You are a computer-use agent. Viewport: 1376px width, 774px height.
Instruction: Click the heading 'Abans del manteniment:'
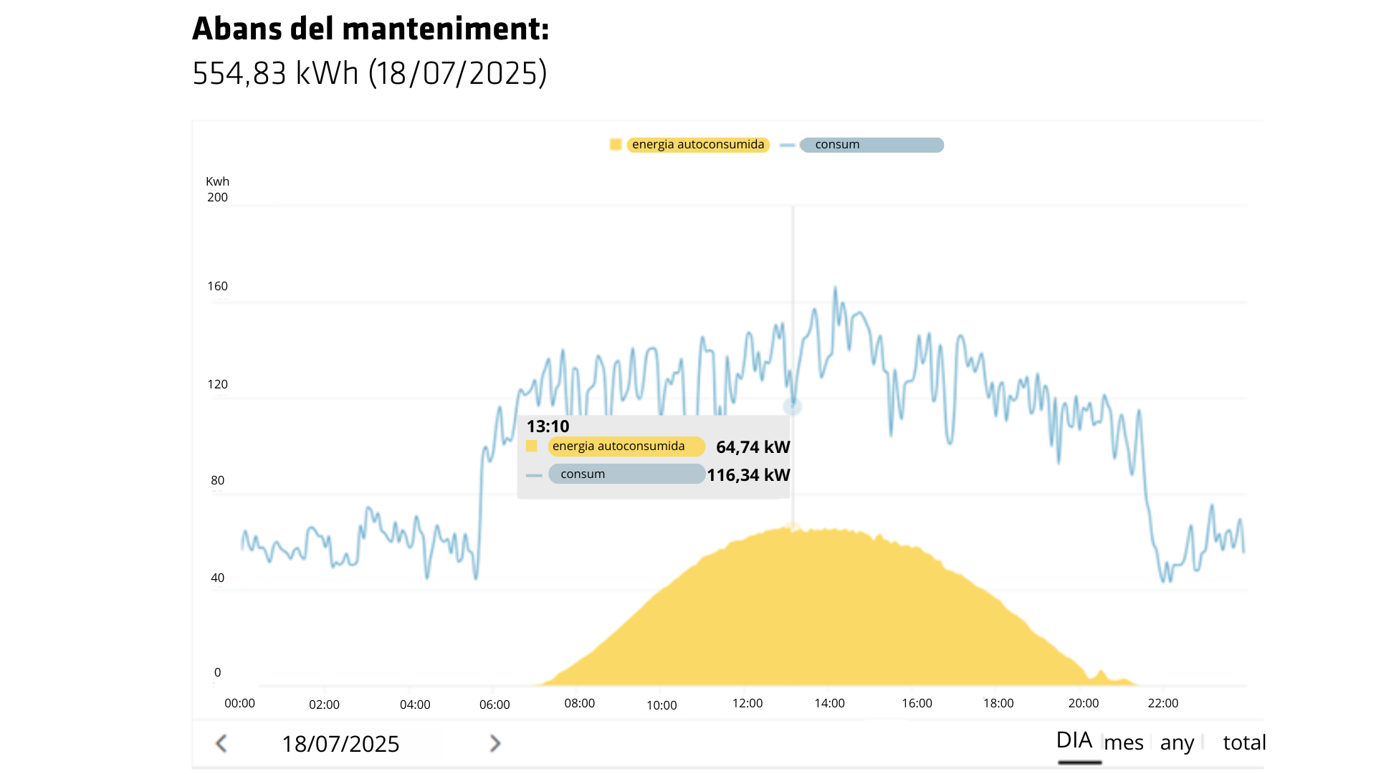click(370, 29)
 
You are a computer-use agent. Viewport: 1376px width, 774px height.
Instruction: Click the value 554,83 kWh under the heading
click(275, 74)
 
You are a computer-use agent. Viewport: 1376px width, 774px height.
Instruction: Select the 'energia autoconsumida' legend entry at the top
click(697, 145)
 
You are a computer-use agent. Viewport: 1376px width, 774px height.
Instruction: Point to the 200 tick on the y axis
click(217, 198)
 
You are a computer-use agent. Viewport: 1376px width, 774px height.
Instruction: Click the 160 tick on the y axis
click(217, 287)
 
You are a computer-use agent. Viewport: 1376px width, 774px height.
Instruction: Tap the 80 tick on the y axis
click(217, 481)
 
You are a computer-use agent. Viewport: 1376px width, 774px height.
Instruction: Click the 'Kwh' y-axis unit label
click(217, 182)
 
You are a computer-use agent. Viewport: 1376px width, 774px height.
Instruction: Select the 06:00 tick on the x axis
click(494, 705)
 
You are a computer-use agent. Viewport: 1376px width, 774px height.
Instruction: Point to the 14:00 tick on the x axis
click(829, 704)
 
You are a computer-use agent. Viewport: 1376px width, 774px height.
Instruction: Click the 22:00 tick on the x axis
click(1162, 704)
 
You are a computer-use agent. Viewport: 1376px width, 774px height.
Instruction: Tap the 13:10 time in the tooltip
click(548, 426)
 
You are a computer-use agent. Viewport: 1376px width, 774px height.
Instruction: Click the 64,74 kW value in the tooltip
click(752, 447)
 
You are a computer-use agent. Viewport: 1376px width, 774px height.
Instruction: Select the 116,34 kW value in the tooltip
click(748, 475)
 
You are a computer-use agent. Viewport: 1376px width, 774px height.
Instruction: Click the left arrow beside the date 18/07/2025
click(221, 744)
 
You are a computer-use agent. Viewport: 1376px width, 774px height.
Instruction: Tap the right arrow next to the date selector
click(494, 744)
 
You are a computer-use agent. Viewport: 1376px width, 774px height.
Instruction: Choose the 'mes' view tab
click(1123, 743)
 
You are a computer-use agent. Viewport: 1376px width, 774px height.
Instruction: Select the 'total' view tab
click(1244, 743)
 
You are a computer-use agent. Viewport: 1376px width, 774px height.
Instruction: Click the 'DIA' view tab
click(1074, 741)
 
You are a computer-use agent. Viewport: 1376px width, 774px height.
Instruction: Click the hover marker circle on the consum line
click(792, 407)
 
